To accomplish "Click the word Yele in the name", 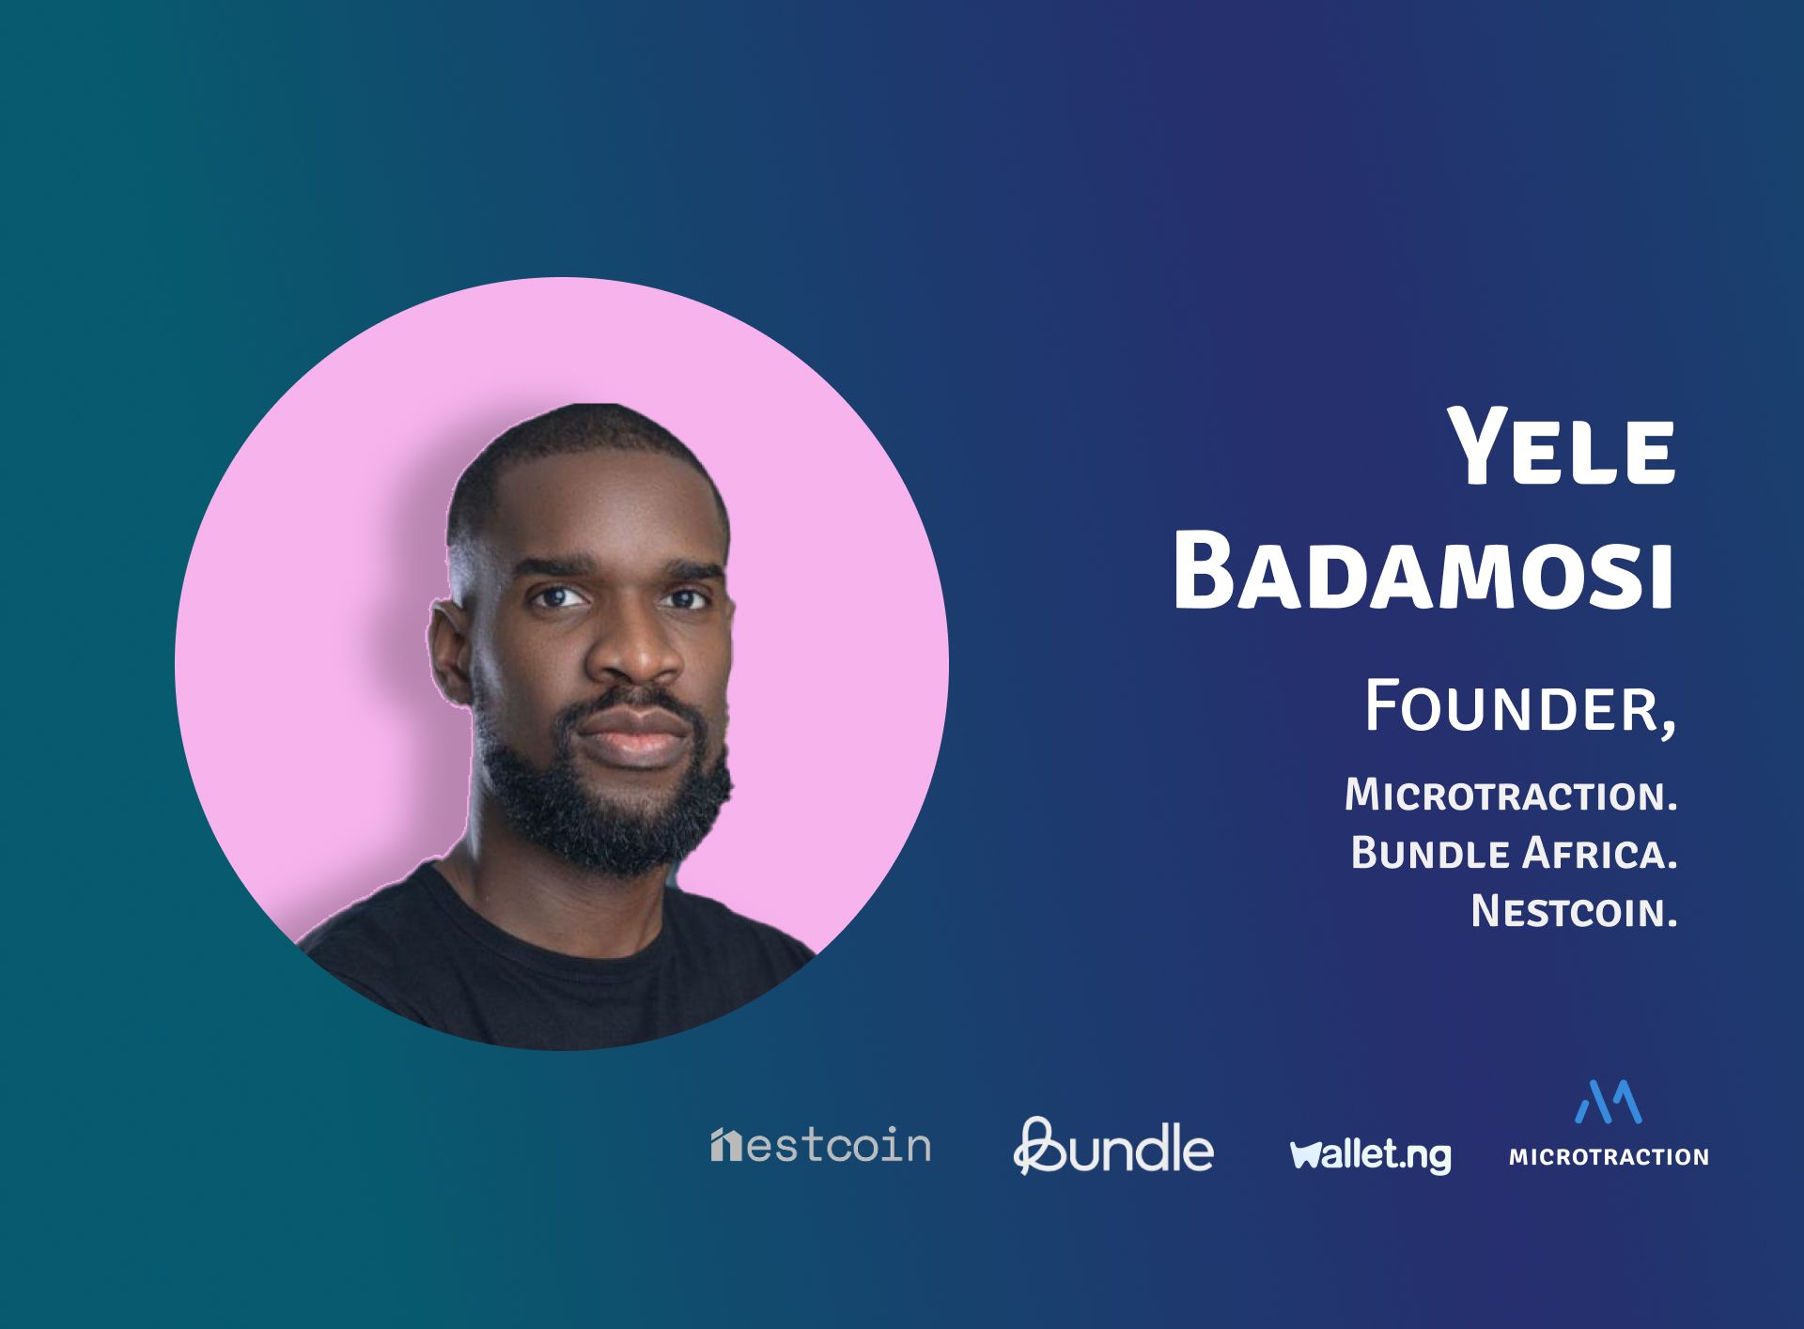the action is click(1562, 447).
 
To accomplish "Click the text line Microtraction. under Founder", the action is click(1511, 795).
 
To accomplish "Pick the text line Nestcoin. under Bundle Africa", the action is click(1575, 911).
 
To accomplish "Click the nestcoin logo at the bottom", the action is click(820, 1145).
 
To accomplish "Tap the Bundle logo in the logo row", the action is click(1113, 1146).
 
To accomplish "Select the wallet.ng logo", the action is click(1371, 1154).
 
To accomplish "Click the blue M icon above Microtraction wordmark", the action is click(1608, 1102).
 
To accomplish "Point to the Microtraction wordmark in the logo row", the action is click(1609, 1156).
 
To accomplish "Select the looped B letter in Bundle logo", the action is click(1037, 1146).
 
